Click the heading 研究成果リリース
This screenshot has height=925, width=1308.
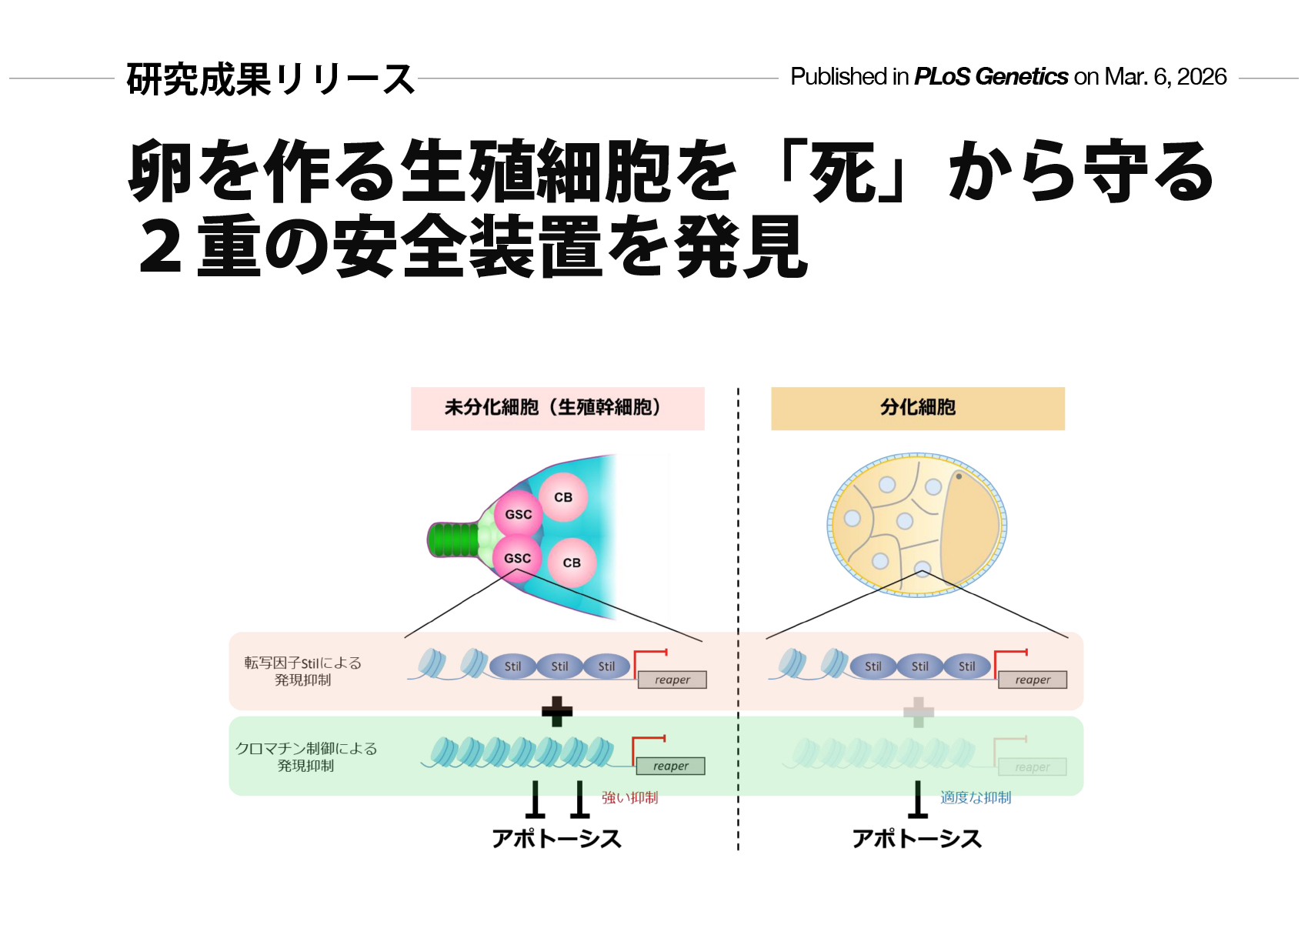click(x=271, y=78)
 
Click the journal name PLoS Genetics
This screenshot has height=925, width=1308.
click(x=991, y=77)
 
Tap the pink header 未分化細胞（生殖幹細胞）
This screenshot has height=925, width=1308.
click(x=557, y=408)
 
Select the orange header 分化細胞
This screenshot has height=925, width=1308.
click(x=918, y=408)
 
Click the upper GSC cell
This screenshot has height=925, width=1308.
click(x=518, y=514)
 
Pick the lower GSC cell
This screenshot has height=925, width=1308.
click(x=517, y=558)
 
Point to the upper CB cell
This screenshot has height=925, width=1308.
click(x=563, y=497)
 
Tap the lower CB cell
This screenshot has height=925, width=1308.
click(x=572, y=563)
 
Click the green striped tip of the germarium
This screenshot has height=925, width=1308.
click(x=453, y=539)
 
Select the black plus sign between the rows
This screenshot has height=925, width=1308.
click(x=557, y=712)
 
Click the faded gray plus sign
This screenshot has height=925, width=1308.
click(x=918, y=712)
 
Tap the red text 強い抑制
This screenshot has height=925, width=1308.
click(x=629, y=798)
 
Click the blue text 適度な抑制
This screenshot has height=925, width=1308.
click(x=976, y=798)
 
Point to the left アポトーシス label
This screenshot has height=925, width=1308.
click(x=556, y=838)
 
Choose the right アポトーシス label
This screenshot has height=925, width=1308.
click(x=917, y=838)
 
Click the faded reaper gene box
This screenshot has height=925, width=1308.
click(x=1032, y=767)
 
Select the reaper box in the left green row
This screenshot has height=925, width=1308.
click(x=670, y=766)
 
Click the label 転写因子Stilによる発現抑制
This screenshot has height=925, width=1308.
click(x=302, y=671)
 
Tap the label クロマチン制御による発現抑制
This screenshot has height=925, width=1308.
click(x=306, y=756)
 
